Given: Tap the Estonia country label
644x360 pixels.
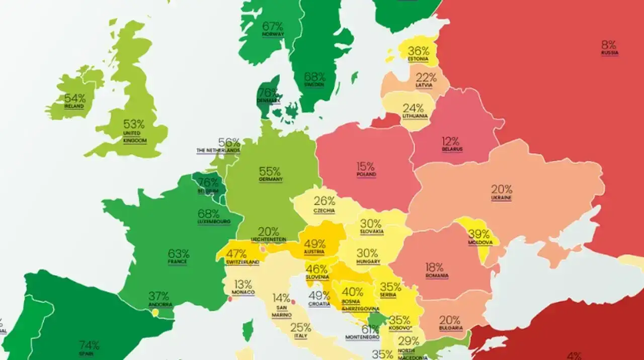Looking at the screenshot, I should click(418, 59).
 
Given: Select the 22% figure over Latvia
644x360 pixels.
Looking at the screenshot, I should click(426, 77).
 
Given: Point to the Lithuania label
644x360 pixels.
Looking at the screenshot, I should click(415, 116).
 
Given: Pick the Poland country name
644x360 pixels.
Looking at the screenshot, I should click(366, 174).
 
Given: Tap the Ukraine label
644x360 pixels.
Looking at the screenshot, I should click(501, 198).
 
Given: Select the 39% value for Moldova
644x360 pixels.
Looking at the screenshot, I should click(478, 234).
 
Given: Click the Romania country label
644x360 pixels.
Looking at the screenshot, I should click(436, 276).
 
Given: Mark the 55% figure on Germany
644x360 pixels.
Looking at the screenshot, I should click(270, 171).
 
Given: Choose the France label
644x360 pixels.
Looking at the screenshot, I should click(178, 262).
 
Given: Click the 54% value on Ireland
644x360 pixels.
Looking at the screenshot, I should click(74, 99).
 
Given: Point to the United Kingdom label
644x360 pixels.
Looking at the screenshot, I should click(134, 137).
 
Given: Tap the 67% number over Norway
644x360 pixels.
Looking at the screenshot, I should click(273, 26).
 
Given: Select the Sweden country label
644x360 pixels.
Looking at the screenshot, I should click(314, 85).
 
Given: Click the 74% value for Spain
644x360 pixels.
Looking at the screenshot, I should click(89, 345).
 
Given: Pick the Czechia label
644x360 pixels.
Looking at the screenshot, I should click(324, 211).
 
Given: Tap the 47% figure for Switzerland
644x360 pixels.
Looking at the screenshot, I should click(236, 253).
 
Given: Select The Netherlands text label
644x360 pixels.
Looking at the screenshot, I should click(218, 150).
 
